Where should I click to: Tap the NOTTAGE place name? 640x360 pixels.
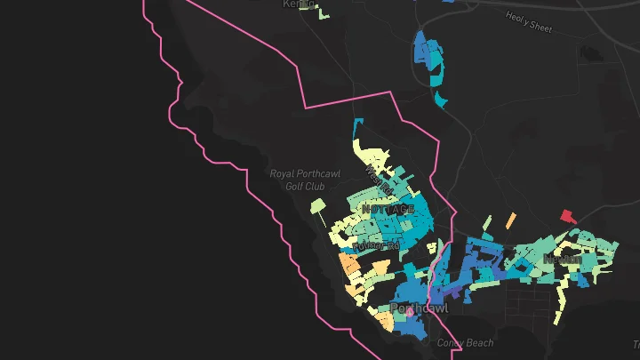[388, 209]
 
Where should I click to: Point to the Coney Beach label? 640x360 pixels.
[464, 343]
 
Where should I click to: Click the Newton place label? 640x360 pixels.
[562, 259]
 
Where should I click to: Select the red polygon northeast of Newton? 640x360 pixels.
[567, 215]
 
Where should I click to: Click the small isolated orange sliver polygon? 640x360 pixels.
[510, 219]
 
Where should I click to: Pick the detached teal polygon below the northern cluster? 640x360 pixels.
[441, 98]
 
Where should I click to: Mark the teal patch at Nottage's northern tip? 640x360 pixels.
[360, 124]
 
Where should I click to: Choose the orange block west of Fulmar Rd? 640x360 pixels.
[349, 264]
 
